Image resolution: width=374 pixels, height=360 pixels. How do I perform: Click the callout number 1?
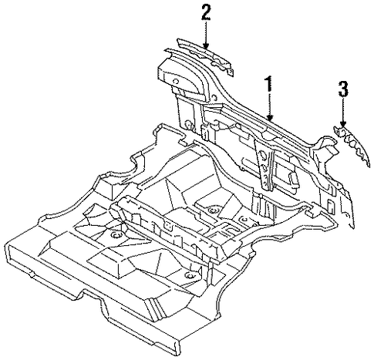[268, 83]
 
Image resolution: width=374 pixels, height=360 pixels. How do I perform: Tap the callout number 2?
[206, 12]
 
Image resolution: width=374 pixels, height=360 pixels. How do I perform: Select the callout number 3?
[343, 89]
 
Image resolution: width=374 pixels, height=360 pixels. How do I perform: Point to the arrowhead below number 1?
[269, 118]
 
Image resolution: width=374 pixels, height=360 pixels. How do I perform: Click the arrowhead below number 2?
[206, 45]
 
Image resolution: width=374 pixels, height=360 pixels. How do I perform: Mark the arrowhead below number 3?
[342, 123]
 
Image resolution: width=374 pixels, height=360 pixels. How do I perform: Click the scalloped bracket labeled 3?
[353, 145]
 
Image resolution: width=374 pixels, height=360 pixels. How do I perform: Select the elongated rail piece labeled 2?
[205, 56]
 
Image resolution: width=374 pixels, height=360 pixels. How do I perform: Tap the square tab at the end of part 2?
[231, 72]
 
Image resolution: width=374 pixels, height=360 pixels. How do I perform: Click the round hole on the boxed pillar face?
[176, 81]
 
